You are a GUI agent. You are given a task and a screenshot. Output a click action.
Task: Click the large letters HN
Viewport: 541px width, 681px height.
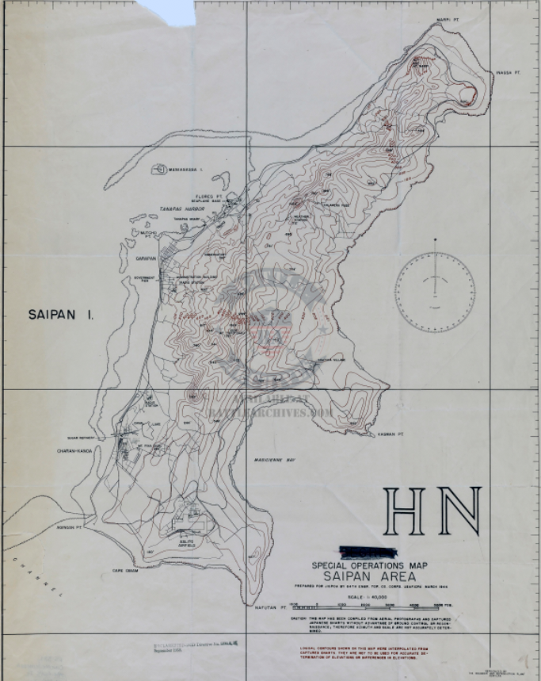(432, 511)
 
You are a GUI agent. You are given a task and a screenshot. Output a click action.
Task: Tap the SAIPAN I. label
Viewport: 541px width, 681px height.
(61, 315)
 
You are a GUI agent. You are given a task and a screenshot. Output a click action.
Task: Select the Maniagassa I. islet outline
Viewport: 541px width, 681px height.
(169, 169)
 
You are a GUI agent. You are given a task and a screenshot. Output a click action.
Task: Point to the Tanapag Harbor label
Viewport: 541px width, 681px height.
(178, 209)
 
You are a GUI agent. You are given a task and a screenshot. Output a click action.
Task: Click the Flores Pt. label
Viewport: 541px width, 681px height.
(209, 195)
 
